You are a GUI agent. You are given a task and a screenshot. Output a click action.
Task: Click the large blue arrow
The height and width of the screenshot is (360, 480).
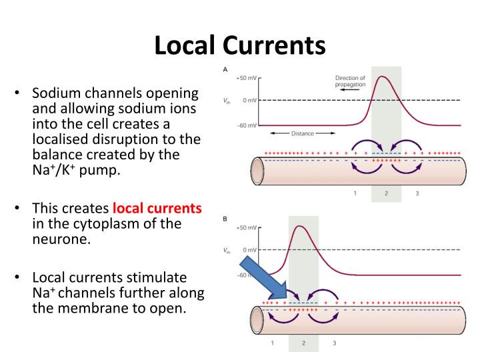point(263,280)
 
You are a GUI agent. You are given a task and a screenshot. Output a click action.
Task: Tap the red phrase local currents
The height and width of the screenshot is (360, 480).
point(157,208)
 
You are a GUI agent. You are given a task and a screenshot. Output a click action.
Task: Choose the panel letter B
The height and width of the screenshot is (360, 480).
point(226,218)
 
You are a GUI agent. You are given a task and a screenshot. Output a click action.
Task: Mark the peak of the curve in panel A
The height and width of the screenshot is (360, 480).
point(383,76)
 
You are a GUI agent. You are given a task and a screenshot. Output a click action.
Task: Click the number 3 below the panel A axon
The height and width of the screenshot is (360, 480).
point(417,193)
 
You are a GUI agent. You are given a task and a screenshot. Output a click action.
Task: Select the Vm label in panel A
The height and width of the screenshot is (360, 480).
point(227,101)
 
